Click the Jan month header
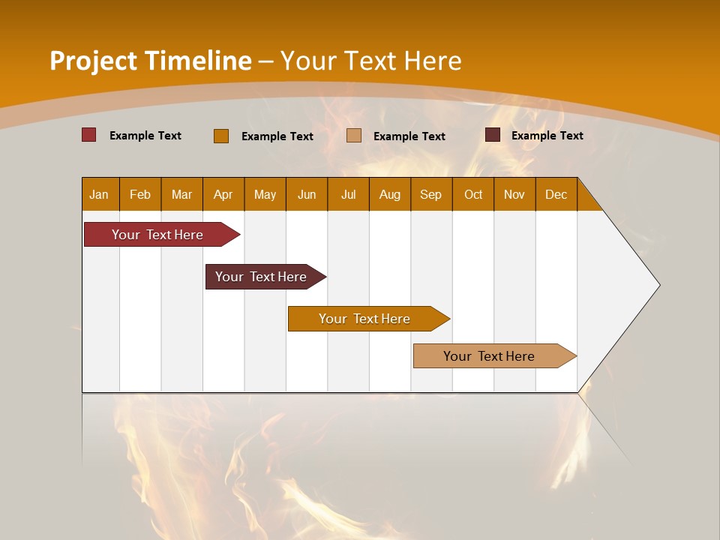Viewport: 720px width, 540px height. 99,194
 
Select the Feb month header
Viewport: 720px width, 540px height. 140,194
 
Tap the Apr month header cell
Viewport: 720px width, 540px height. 223,194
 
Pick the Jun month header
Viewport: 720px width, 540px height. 307,194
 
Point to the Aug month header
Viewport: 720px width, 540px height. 389,194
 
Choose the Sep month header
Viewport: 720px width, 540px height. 430,194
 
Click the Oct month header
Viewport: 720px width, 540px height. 473,194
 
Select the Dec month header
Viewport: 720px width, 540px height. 556,194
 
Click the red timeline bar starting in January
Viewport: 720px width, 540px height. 157,235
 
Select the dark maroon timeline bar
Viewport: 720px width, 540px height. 261,277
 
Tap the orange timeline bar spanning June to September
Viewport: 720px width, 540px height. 364,319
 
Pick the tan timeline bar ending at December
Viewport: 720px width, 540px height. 489,356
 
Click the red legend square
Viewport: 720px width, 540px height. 89,135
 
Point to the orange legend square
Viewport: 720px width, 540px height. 221,136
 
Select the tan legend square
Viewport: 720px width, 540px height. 354,136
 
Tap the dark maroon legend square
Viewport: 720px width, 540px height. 493,135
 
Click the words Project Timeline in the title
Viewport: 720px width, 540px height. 150,61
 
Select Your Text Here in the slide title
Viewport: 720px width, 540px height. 370,61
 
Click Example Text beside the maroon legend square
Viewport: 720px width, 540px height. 547,136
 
